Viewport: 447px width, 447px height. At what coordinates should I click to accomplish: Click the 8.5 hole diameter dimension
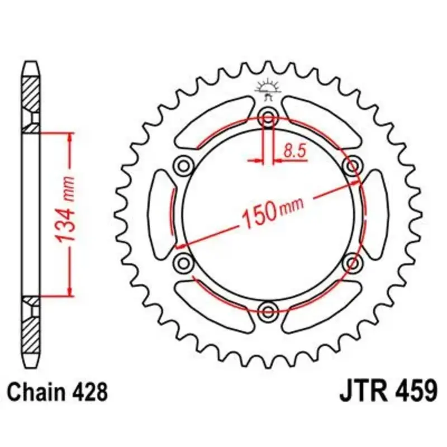(294, 150)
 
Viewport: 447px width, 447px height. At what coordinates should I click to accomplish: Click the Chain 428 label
(58, 392)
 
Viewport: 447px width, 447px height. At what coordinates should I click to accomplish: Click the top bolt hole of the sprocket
(268, 117)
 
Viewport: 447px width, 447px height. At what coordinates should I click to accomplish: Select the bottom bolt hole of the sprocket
(268, 311)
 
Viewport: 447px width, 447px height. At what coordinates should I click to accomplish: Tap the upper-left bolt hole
(183, 165)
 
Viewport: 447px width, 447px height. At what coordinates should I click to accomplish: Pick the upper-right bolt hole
(353, 165)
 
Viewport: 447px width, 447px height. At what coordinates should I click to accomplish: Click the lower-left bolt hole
(183, 263)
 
